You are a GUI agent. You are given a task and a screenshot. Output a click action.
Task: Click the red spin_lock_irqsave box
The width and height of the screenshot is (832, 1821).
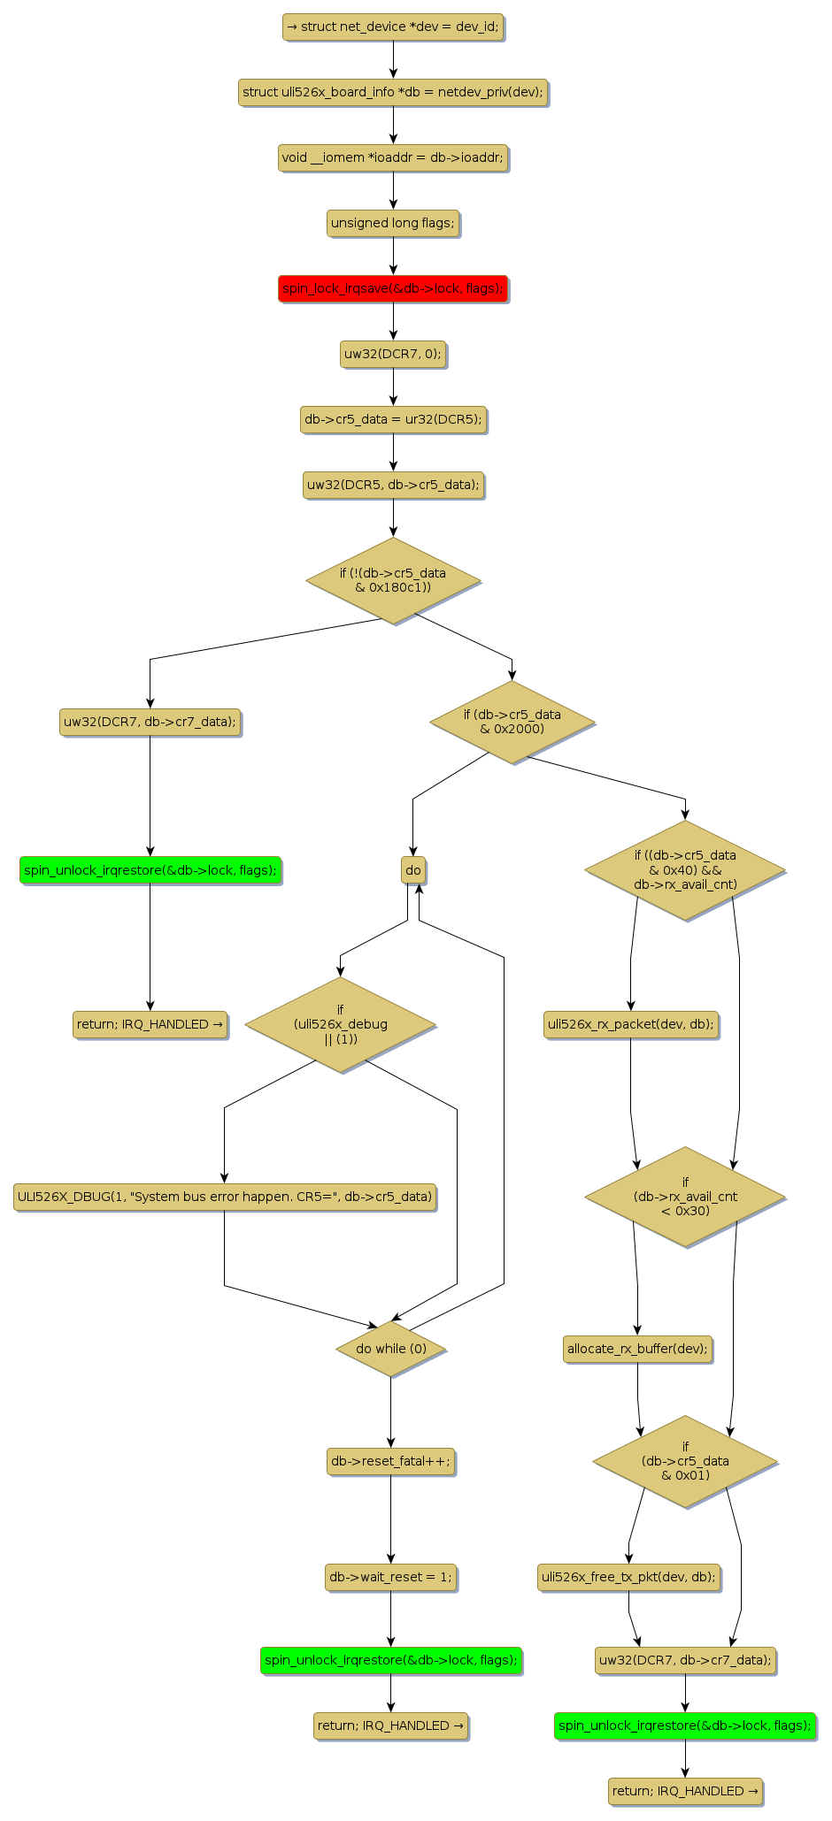pos(393,288)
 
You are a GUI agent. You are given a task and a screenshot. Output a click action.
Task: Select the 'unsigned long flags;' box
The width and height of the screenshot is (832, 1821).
pos(393,223)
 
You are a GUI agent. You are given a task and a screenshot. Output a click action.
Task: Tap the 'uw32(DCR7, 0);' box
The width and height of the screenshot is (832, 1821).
pos(393,354)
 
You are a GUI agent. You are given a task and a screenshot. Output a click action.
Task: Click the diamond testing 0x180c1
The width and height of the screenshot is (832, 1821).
pos(393,580)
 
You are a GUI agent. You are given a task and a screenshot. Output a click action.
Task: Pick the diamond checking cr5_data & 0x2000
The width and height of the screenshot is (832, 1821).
pos(512,722)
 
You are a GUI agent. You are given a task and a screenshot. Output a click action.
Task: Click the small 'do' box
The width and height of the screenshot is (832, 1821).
pos(413,870)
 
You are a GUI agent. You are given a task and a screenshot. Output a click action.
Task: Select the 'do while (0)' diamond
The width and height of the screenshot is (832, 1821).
pos(391,1349)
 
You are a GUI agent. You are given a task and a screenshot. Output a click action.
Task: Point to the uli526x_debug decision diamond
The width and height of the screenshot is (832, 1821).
pos(340,1024)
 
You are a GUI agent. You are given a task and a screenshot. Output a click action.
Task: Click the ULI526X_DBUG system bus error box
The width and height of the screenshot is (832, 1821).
pos(225,1197)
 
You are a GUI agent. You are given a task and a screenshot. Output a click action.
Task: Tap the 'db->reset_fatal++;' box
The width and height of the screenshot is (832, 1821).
pos(390,1462)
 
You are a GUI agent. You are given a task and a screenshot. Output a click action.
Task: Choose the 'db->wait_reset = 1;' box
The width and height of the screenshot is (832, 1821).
pos(390,1576)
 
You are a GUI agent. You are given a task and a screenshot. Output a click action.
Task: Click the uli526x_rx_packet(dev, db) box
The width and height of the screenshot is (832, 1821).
pos(631,1024)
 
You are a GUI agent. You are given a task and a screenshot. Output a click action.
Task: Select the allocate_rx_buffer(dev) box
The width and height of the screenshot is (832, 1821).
pos(637,1349)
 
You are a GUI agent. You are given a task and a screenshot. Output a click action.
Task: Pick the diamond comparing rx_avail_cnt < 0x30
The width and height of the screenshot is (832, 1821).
pos(685,1197)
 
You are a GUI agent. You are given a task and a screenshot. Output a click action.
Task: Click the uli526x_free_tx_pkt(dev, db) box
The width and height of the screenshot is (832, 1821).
pos(629,1576)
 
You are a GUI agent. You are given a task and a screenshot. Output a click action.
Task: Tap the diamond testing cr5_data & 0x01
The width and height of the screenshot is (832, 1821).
pos(685,1461)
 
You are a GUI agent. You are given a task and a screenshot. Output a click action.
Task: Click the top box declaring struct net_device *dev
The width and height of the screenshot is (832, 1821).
pos(393,27)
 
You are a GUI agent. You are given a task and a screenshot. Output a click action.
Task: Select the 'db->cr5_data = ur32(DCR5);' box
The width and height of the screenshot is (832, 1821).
pos(393,419)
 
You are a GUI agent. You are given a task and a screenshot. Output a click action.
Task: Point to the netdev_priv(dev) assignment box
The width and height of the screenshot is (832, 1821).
pos(393,92)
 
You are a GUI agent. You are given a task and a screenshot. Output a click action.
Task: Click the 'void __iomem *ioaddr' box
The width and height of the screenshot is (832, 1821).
pos(393,157)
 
